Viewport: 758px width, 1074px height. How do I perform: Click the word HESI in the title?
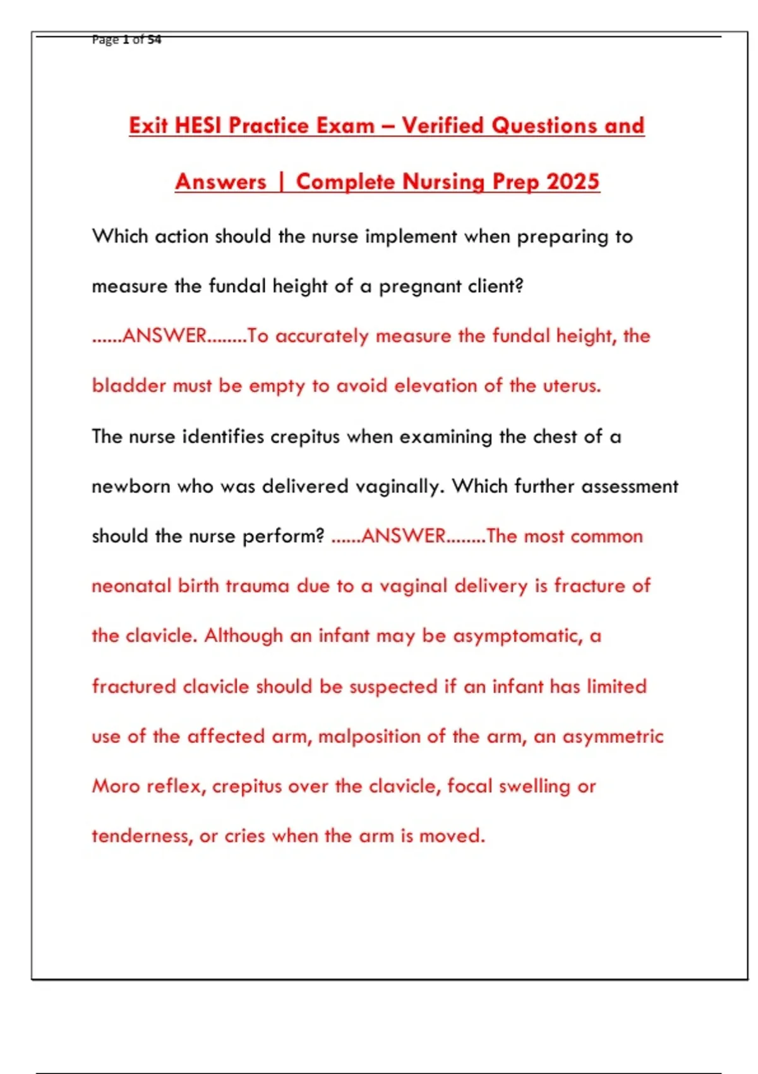tap(197, 125)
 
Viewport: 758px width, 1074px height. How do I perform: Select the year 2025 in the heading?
tap(573, 181)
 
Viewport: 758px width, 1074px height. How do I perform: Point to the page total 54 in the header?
tap(154, 39)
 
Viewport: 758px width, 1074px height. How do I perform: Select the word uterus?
tap(572, 385)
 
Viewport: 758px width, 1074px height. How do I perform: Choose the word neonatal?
tap(131, 586)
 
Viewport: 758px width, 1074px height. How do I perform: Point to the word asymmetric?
tap(613, 737)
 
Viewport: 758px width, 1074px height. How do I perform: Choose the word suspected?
tap(393, 687)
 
